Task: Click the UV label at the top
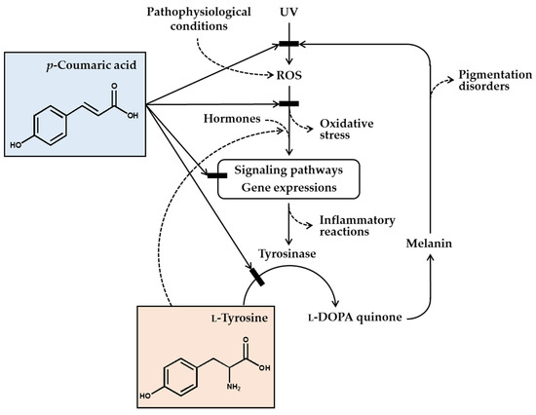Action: point(288,13)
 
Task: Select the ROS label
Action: point(289,75)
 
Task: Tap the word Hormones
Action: point(232,119)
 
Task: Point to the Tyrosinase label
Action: point(287,253)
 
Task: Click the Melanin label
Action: point(429,244)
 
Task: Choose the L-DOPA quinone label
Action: point(355,318)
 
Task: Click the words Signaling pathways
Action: point(288,170)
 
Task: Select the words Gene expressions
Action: point(289,188)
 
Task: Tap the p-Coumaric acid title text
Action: point(92,65)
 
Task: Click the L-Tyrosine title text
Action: point(240,319)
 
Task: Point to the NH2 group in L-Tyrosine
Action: point(234,388)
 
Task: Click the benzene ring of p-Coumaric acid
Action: point(50,126)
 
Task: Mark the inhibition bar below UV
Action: point(288,44)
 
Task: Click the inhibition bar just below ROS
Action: point(288,103)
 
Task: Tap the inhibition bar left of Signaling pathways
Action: point(217,175)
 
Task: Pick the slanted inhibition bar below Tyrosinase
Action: point(257,277)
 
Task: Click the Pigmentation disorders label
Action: point(495,80)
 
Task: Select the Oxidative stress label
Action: point(347,129)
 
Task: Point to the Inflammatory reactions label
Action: point(358,226)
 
